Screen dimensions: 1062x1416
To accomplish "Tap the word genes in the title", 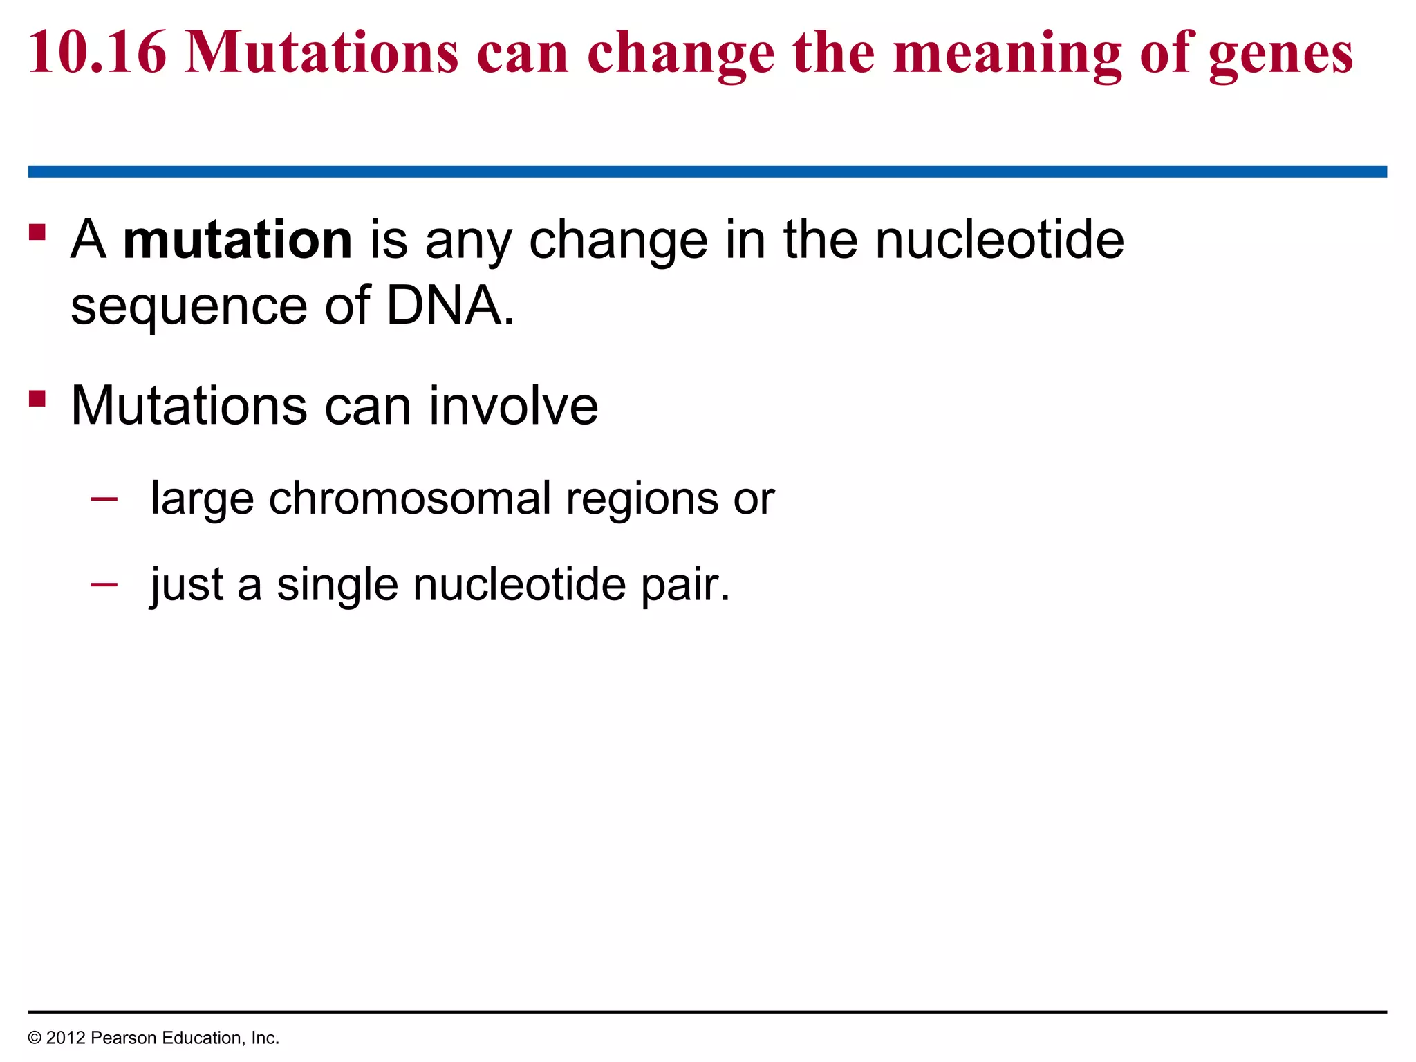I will [x=1280, y=55].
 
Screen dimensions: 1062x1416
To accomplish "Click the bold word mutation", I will [x=237, y=240].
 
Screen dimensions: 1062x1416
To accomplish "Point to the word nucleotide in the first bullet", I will [x=999, y=240].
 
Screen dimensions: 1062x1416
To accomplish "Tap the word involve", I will [x=513, y=406].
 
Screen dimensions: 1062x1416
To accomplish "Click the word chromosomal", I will [x=409, y=499].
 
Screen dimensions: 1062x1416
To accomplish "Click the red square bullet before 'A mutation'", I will [x=37, y=232].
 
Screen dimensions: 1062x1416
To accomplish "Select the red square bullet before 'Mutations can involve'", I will [x=37, y=398].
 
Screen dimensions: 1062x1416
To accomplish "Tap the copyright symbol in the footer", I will [x=35, y=1038].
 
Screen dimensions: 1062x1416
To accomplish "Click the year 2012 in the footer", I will [x=66, y=1038].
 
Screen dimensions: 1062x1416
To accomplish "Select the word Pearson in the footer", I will [x=120, y=1038].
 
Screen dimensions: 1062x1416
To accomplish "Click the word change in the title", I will [x=680, y=55].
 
